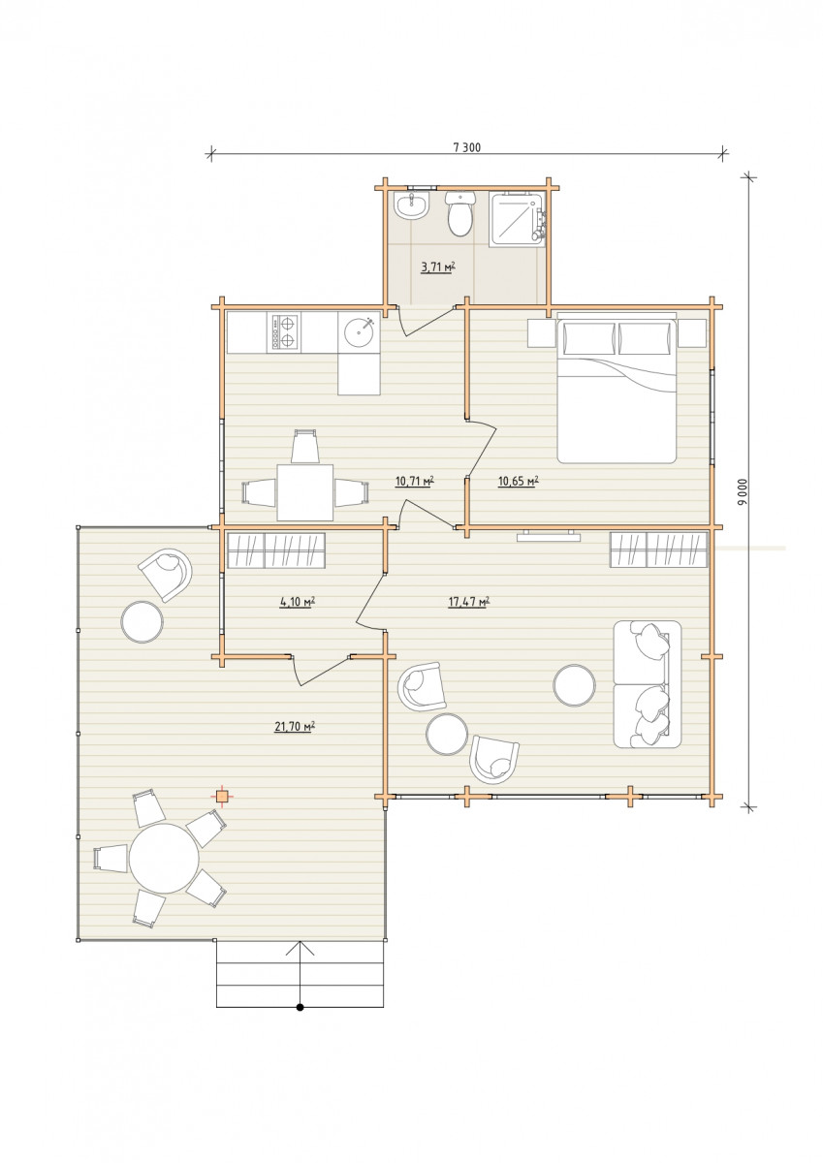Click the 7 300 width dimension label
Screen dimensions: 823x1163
pos(467,147)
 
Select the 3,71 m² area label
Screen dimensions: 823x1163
pos(438,267)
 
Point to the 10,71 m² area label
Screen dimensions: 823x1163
pos(414,481)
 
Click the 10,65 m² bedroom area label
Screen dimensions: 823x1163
pos(518,481)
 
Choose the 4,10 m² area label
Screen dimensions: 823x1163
pos(298,602)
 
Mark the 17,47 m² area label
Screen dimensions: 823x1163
pos(469,602)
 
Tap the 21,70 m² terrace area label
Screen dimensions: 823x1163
pos(295,727)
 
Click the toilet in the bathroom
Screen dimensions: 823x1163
pos(460,213)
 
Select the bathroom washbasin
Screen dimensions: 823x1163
pos(411,205)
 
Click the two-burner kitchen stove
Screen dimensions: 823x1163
pos(284,332)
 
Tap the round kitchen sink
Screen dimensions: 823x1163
pos(359,332)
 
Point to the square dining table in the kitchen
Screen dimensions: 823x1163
pos(304,492)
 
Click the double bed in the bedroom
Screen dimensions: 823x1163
pos(617,388)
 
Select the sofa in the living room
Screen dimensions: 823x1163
pos(647,684)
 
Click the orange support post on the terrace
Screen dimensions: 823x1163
pos(223,796)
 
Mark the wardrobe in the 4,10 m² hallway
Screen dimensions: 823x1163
pos(276,550)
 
